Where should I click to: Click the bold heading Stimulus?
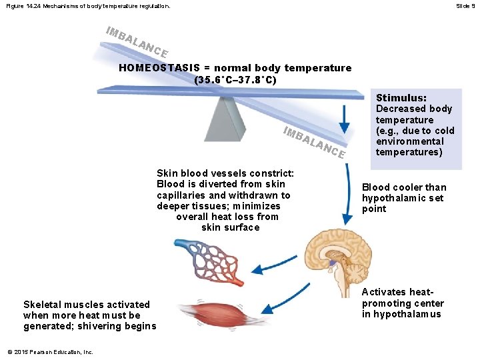tap(401, 97)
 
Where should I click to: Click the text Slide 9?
tap(465, 6)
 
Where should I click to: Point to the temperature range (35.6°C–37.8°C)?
tap(235, 80)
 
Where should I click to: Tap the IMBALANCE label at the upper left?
tap(137, 42)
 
